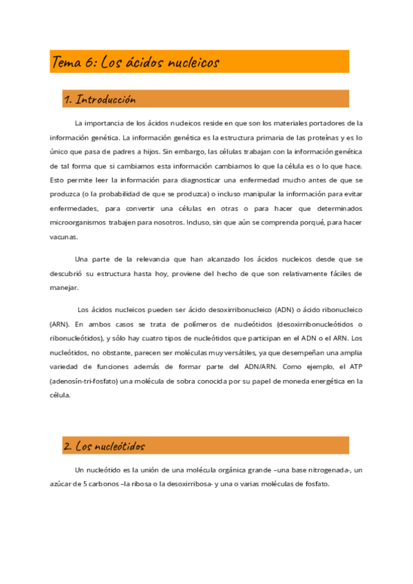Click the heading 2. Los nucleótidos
click(104, 446)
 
